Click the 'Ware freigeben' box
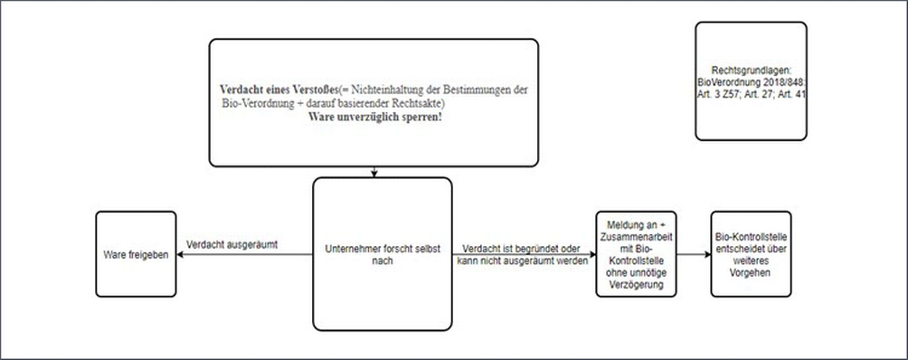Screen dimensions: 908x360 137,256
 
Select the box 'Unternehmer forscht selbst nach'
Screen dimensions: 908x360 381,254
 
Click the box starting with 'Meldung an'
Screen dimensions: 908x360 637,254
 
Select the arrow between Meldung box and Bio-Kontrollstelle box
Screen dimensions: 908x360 693,255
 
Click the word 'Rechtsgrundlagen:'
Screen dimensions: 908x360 746,70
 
